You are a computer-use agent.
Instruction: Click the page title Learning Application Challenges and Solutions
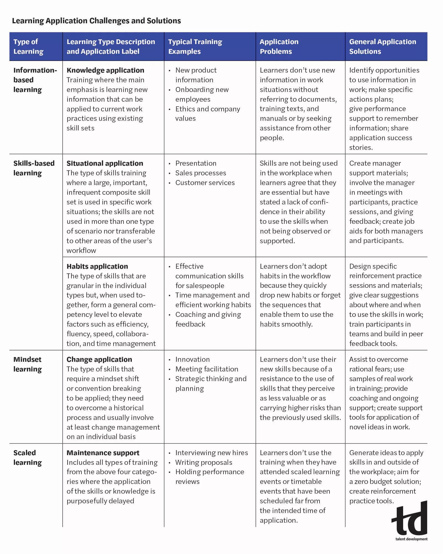click(x=96, y=21)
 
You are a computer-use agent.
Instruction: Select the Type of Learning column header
click(x=28, y=47)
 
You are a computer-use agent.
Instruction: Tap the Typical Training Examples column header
click(x=195, y=47)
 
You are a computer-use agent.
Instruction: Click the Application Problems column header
click(x=279, y=47)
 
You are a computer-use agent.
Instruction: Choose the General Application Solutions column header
click(x=382, y=47)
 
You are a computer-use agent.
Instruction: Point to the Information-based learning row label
click(x=35, y=80)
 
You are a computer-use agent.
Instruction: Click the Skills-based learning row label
click(x=34, y=168)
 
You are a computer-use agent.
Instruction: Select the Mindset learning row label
click(x=27, y=364)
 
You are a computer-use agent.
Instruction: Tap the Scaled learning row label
click(x=27, y=457)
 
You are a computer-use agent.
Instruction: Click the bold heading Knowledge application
click(x=105, y=70)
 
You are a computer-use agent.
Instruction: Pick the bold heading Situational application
click(x=105, y=163)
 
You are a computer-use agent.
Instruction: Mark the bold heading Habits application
click(x=97, y=266)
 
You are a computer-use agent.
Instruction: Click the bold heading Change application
click(x=99, y=359)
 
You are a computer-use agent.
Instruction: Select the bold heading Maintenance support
click(x=103, y=453)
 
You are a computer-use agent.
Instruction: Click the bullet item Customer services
click(x=205, y=183)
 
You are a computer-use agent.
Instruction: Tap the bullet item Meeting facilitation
click(x=207, y=369)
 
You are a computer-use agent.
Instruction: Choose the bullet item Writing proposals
click(x=204, y=462)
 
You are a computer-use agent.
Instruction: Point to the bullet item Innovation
click(x=192, y=359)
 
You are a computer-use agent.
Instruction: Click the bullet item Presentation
click(x=196, y=163)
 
